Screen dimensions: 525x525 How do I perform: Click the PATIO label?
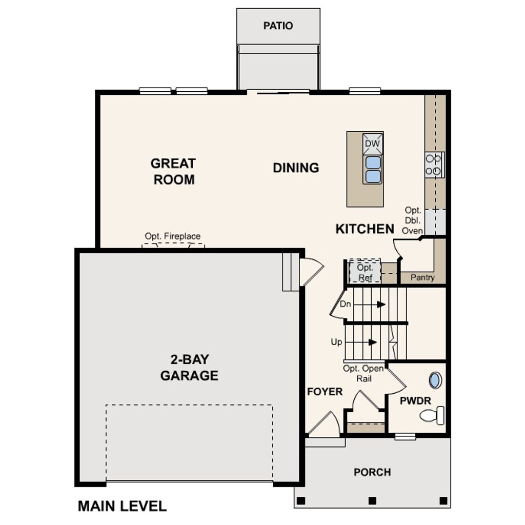(x=278, y=26)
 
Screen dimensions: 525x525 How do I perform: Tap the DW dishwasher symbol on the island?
(x=373, y=144)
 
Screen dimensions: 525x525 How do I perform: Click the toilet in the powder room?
(x=433, y=415)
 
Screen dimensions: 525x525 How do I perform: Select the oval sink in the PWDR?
(x=435, y=380)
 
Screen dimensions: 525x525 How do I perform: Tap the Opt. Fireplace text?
(x=173, y=236)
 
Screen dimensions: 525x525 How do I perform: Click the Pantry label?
(x=422, y=277)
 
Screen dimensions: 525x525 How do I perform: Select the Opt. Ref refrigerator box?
(x=365, y=272)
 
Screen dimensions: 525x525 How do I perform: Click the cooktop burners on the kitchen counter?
(x=434, y=165)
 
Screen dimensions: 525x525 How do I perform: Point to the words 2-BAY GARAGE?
(x=189, y=368)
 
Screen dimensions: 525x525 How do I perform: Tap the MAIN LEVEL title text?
(x=122, y=506)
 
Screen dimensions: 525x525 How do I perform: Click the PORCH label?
(x=372, y=472)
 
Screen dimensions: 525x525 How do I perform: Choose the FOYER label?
(x=325, y=392)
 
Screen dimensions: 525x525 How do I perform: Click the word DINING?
(x=296, y=168)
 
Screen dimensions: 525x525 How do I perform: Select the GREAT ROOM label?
(x=174, y=171)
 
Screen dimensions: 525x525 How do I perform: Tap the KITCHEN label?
(x=365, y=229)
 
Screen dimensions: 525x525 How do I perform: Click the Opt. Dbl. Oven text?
(x=413, y=220)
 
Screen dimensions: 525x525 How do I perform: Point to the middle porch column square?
(x=372, y=500)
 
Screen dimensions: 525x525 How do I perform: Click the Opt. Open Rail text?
(x=363, y=373)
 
